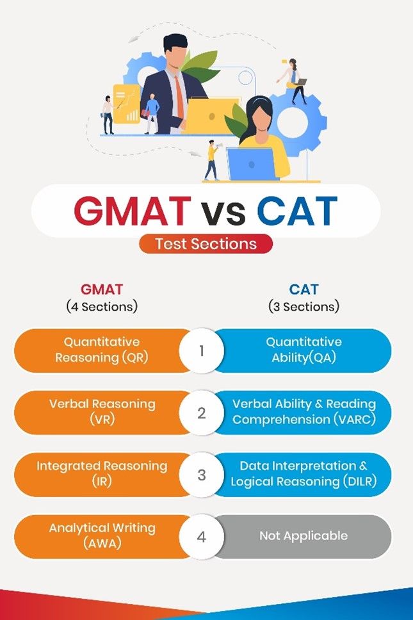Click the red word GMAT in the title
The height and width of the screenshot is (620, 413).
tap(132, 211)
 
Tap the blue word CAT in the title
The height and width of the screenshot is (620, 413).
tap(297, 211)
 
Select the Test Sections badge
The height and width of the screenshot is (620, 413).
tap(206, 243)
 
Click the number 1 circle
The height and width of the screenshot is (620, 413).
tap(202, 351)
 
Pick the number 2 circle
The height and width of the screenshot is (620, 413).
tap(202, 413)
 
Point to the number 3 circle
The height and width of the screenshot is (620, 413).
tap(202, 475)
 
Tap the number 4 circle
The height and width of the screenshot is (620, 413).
tap(202, 537)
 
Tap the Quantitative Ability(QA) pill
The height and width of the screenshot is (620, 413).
tap(304, 351)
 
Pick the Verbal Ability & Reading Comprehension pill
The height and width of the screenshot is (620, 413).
tap(304, 413)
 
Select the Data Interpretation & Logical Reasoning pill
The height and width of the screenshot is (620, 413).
tap(304, 475)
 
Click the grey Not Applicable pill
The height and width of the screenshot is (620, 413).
tap(304, 537)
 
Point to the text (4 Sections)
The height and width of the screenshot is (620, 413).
tap(102, 306)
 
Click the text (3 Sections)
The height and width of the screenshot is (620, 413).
tap(304, 306)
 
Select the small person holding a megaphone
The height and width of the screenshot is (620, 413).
tap(212, 160)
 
